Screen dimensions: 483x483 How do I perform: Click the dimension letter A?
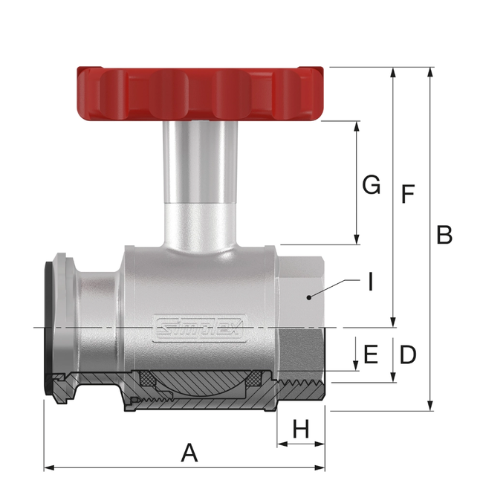point(189,453)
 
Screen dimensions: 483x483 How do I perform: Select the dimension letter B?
point(444,235)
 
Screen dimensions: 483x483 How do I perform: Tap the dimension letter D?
point(407,354)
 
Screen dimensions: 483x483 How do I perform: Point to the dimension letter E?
point(370,354)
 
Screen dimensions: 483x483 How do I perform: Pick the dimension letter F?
point(406,195)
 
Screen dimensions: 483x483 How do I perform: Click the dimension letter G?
point(371,184)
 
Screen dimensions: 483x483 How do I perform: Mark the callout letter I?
point(369,282)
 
